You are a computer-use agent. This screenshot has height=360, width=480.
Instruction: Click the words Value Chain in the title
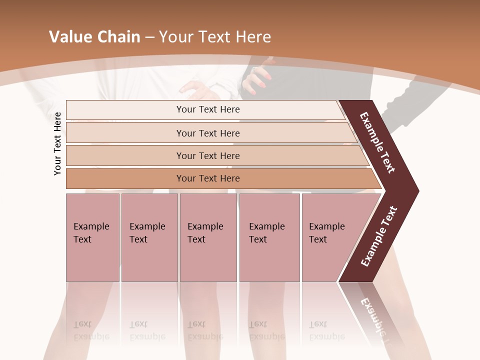point(94,37)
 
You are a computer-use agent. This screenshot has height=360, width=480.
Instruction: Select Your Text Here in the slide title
point(215,37)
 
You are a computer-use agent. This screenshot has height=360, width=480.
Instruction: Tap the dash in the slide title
point(149,37)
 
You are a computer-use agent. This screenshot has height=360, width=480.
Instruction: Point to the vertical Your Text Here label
point(57,143)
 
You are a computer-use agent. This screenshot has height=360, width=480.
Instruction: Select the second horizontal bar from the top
point(207,133)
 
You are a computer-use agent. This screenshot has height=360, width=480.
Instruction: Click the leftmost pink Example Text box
point(92,237)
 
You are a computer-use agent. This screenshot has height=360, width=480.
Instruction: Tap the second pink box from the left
point(149,237)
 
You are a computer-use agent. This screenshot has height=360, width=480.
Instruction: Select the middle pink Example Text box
point(208,237)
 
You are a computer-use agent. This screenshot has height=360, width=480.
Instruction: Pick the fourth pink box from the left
point(269,237)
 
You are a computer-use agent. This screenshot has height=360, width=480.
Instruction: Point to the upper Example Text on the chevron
point(378,143)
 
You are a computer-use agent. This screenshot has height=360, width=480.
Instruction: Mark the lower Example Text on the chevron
point(379,236)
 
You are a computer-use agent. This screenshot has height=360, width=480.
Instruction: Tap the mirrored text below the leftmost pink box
point(91,330)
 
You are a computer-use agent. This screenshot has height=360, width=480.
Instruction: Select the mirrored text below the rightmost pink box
point(326,330)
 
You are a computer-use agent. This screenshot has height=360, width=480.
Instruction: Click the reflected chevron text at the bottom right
point(372,317)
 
